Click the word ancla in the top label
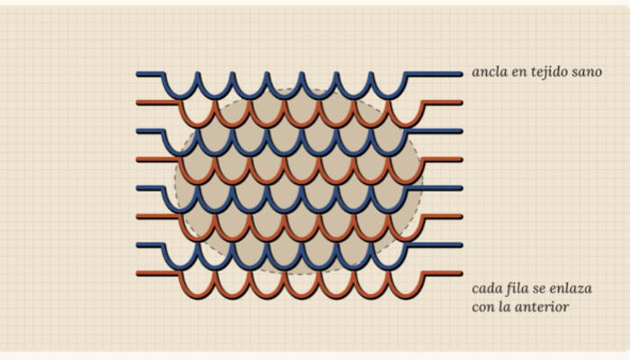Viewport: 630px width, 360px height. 485,72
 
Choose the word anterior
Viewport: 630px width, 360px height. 542,308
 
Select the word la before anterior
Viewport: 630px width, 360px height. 505,307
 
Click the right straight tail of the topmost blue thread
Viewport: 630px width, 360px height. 434,74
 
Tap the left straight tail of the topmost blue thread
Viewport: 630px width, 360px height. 150,74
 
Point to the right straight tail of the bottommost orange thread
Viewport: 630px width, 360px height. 443,274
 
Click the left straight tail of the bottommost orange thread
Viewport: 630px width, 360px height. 158,274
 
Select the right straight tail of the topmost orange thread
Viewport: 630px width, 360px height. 443,103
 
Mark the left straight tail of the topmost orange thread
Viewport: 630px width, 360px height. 158,103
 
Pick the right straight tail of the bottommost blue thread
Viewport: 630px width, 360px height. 434,245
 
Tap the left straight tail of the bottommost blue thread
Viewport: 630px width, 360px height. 150,245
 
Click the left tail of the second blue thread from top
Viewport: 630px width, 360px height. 150,131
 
